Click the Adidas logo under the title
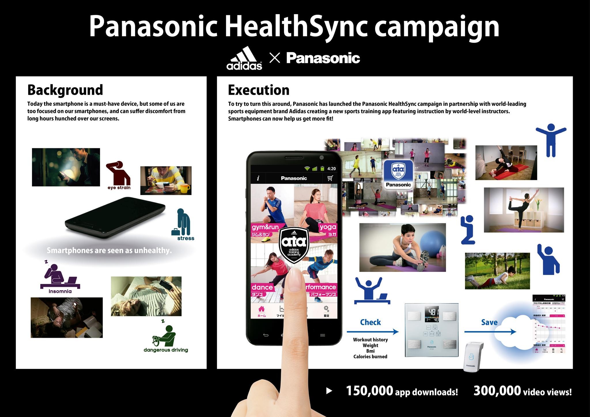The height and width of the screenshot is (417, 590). click(x=244, y=58)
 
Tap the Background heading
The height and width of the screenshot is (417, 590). click(x=65, y=90)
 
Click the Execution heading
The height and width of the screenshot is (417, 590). click(x=258, y=90)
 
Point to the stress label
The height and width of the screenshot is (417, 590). click(x=186, y=238)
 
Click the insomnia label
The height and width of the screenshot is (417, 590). click(x=60, y=291)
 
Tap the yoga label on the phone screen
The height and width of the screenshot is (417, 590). click(x=328, y=227)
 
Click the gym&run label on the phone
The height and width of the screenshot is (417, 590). click(x=265, y=227)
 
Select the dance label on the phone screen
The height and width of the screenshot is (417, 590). click(x=262, y=287)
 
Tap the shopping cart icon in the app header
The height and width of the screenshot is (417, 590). click(x=330, y=178)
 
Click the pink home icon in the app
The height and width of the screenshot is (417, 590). click(x=261, y=309)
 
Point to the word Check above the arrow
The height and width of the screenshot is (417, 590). click(x=370, y=322)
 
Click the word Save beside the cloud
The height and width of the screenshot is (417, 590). click(x=489, y=322)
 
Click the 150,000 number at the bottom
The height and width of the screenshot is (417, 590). click(x=369, y=391)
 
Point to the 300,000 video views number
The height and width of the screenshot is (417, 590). click(x=497, y=391)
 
